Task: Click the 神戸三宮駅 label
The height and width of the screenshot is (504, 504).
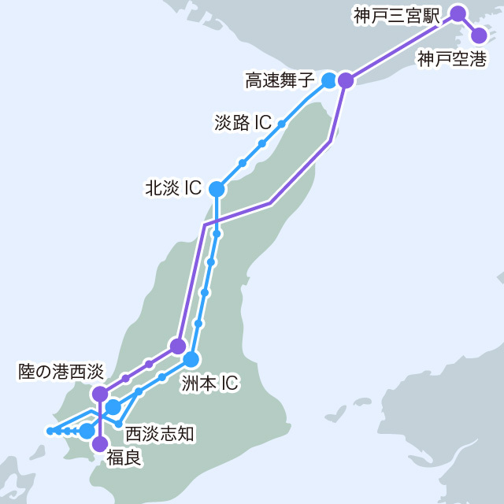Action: [396, 15]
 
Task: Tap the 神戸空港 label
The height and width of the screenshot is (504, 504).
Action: [452, 58]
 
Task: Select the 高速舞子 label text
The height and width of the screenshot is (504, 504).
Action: [280, 80]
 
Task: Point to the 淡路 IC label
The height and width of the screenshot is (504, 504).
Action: [243, 123]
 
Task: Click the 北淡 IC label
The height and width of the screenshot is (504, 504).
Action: [173, 188]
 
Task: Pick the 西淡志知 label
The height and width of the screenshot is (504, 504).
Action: [160, 432]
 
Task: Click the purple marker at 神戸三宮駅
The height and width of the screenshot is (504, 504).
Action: [458, 13]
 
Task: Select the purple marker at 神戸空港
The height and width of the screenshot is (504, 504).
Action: [479, 35]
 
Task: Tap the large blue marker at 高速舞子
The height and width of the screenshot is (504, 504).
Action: [329, 80]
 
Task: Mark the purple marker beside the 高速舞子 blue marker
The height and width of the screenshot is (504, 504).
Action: [346, 80]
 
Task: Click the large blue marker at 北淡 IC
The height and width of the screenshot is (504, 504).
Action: [217, 189]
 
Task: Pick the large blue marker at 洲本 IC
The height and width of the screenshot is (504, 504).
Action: [191, 359]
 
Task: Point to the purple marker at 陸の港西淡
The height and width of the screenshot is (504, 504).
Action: [100, 393]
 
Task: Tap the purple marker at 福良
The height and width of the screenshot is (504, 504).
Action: [100, 444]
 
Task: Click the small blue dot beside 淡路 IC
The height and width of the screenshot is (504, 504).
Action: [281, 124]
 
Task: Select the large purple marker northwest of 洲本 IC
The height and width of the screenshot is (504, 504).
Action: [178, 346]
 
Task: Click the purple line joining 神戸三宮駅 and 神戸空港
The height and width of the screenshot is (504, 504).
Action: [469, 24]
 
